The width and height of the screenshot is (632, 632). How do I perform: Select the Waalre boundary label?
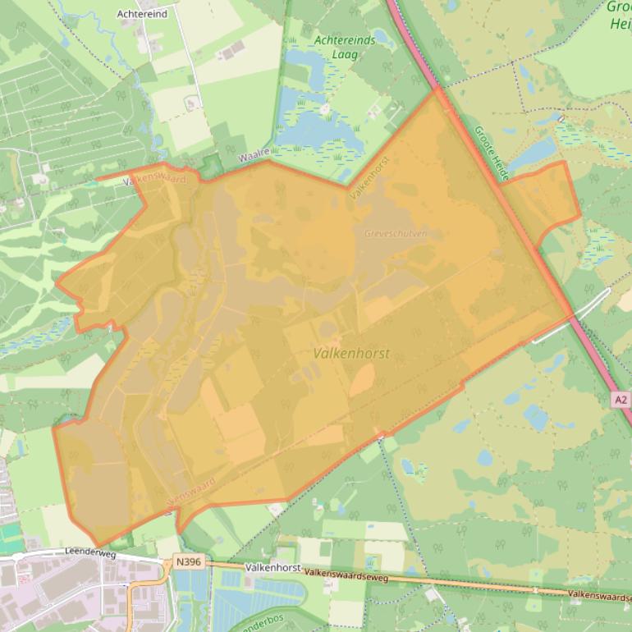point(254,153)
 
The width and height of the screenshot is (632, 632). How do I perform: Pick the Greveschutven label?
point(396,233)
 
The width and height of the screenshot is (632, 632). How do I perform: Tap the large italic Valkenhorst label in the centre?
point(351,354)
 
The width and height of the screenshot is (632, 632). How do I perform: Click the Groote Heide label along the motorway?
point(492,153)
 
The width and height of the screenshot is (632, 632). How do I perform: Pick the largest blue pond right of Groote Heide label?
point(532,153)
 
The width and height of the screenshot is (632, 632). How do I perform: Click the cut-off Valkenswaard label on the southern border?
point(193,490)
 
